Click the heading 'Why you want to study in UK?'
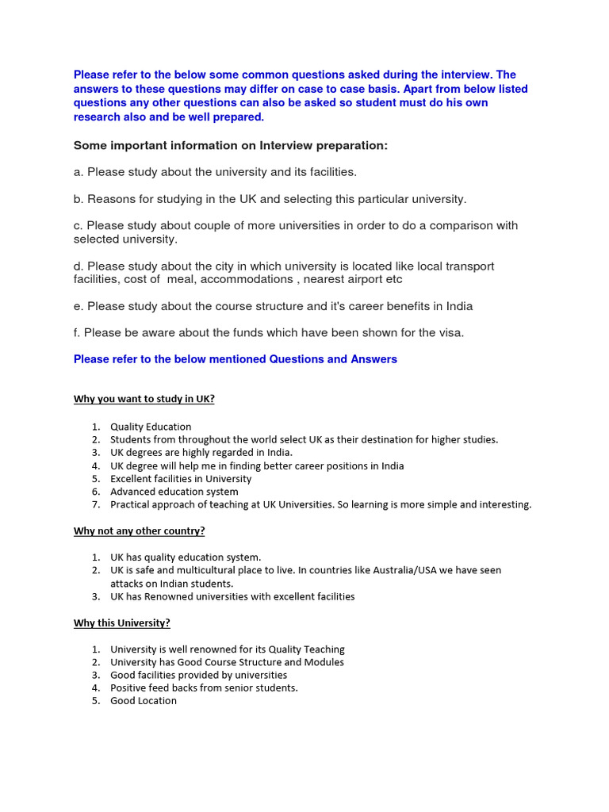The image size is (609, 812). pos(144,399)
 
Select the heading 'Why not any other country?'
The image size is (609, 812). pos(139,530)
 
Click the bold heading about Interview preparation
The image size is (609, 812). pos(231,146)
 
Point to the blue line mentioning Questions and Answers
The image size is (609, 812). pos(236,359)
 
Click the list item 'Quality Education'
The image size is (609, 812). pos(151,427)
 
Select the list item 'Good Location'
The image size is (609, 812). pos(144,701)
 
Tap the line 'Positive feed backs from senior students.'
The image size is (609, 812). pos(204,688)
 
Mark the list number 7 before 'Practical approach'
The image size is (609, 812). pos(95,504)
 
